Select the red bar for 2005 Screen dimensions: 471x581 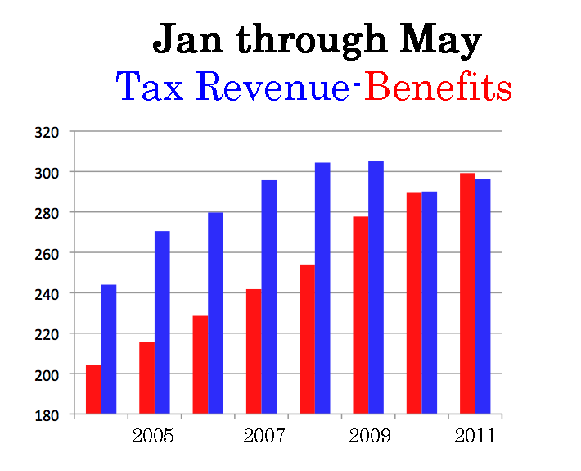[x=146, y=378]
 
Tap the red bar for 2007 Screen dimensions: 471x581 [x=254, y=351]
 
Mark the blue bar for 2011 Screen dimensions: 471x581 [x=483, y=296]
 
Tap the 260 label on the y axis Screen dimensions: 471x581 [x=47, y=253]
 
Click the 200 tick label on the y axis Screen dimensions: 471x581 [x=47, y=374]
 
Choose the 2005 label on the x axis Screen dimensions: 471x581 [x=153, y=436]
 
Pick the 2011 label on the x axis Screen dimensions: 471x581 [x=475, y=436]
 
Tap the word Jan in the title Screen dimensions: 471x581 [x=187, y=40]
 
